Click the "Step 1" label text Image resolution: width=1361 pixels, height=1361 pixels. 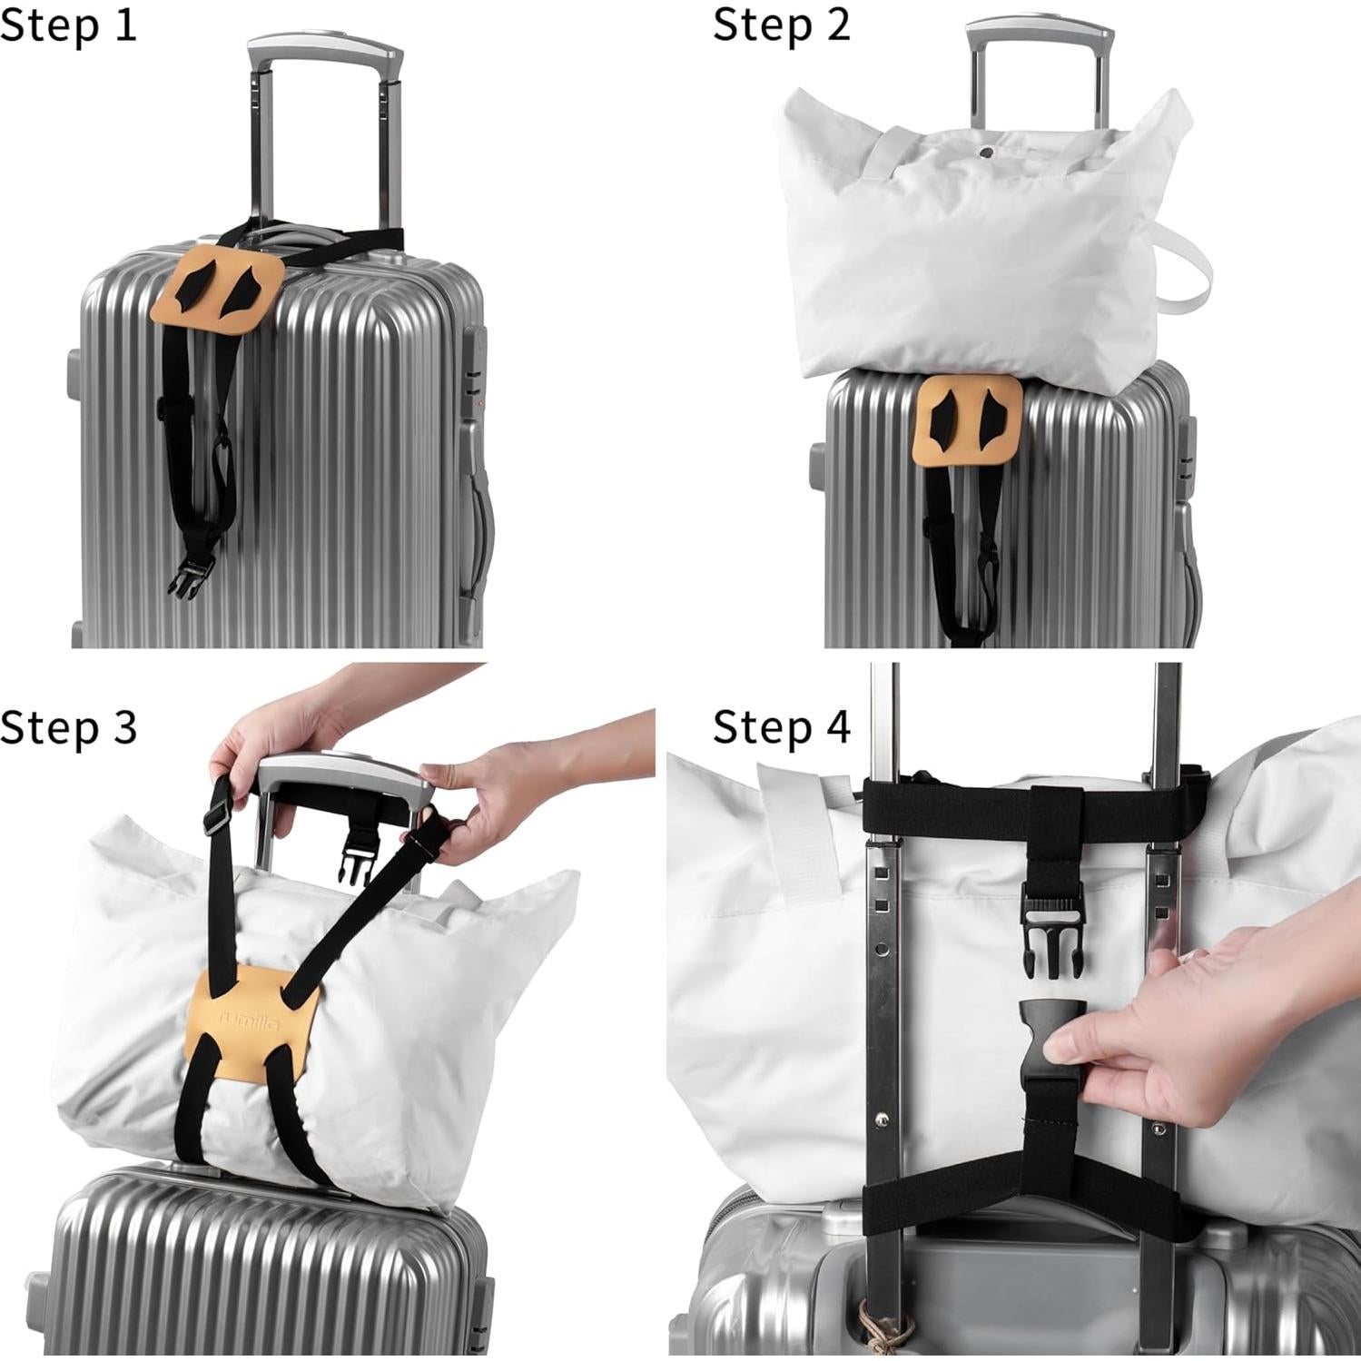(68, 25)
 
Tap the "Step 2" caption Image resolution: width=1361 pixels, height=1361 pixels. (781, 25)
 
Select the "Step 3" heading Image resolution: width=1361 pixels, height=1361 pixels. (68, 727)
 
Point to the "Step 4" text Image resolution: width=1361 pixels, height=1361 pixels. (781, 727)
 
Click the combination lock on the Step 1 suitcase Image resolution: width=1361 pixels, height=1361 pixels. (475, 363)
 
